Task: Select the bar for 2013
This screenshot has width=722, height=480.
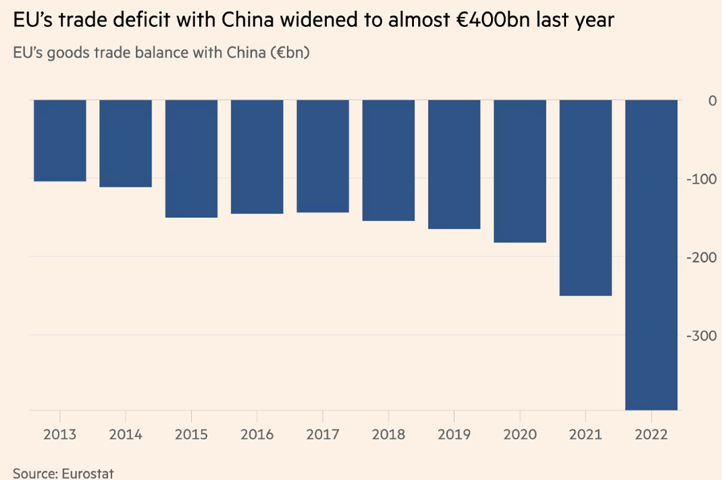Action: [x=60, y=141]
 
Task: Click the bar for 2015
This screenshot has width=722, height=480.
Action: [x=191, y=158]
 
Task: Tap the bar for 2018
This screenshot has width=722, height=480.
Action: [x=388, y=160]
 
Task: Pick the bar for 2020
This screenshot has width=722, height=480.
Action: [x=520, y=171]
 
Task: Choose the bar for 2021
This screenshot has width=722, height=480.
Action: [x=585, y=197]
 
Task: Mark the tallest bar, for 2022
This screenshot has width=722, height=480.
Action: [x=651, y=254]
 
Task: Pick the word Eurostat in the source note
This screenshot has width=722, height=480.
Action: [x=87, y=473]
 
